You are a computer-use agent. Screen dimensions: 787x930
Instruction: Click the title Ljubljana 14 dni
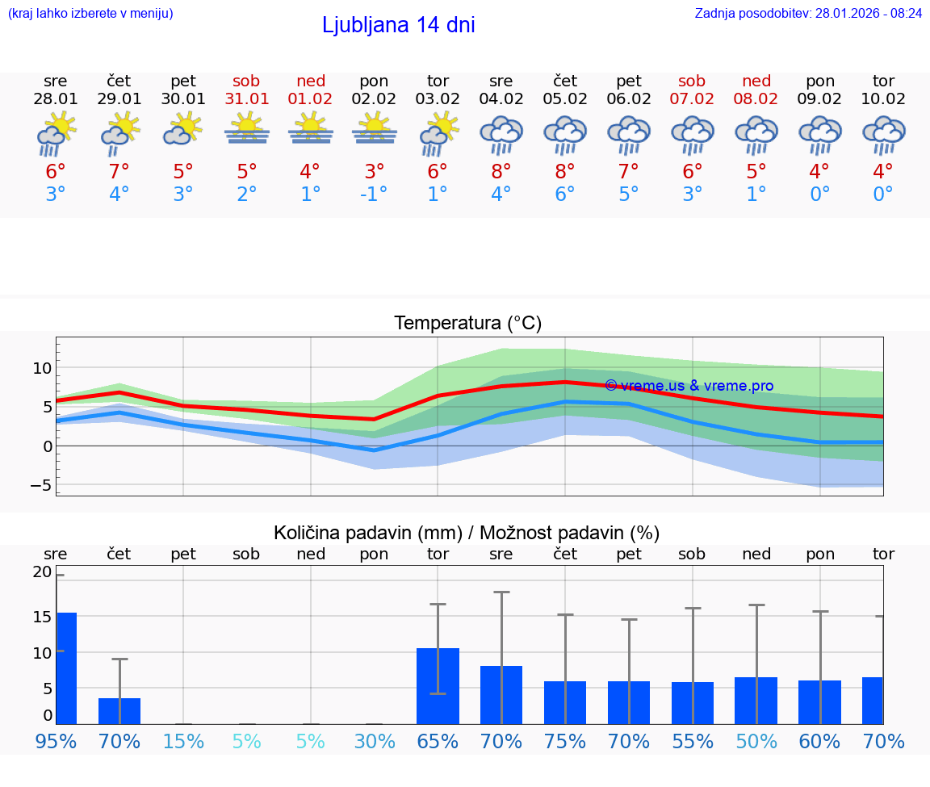click(x=398, y=25)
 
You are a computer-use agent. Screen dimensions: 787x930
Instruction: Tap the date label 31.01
click(x=247, y=98)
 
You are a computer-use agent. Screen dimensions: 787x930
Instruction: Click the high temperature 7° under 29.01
click(x=119, y=171)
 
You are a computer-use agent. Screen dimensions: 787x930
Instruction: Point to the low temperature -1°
click(x=374, y=195)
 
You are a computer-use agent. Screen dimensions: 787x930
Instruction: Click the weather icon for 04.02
click(x=501, y=134)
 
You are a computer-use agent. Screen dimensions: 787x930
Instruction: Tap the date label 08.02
click(x=756, y=98)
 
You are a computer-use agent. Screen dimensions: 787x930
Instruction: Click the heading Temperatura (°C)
click(x=467, y=324)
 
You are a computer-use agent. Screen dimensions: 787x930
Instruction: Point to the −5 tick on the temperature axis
click(x=40, y=485)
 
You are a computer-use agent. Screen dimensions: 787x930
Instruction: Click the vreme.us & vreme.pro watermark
click(x=689, y=386)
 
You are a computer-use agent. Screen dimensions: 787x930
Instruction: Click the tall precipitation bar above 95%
click(x=66, y=668)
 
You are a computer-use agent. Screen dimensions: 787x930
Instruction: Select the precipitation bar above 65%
click(x=438, y=686)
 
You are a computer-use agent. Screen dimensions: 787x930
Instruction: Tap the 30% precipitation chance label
click(x=375, y=741)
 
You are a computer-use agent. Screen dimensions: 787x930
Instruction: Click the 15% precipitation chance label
click(x=183, y=741)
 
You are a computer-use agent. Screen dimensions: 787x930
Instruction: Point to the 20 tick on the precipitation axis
click(x=42, y=572)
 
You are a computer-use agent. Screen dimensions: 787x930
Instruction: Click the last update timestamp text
click(x=808, y=14)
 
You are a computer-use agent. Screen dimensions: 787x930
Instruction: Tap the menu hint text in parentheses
click(x=90, y=14)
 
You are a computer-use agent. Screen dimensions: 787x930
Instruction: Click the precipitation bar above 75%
click(x=565, y=702)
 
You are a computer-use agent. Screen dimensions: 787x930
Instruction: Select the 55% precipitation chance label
click(x=693, y=741)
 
